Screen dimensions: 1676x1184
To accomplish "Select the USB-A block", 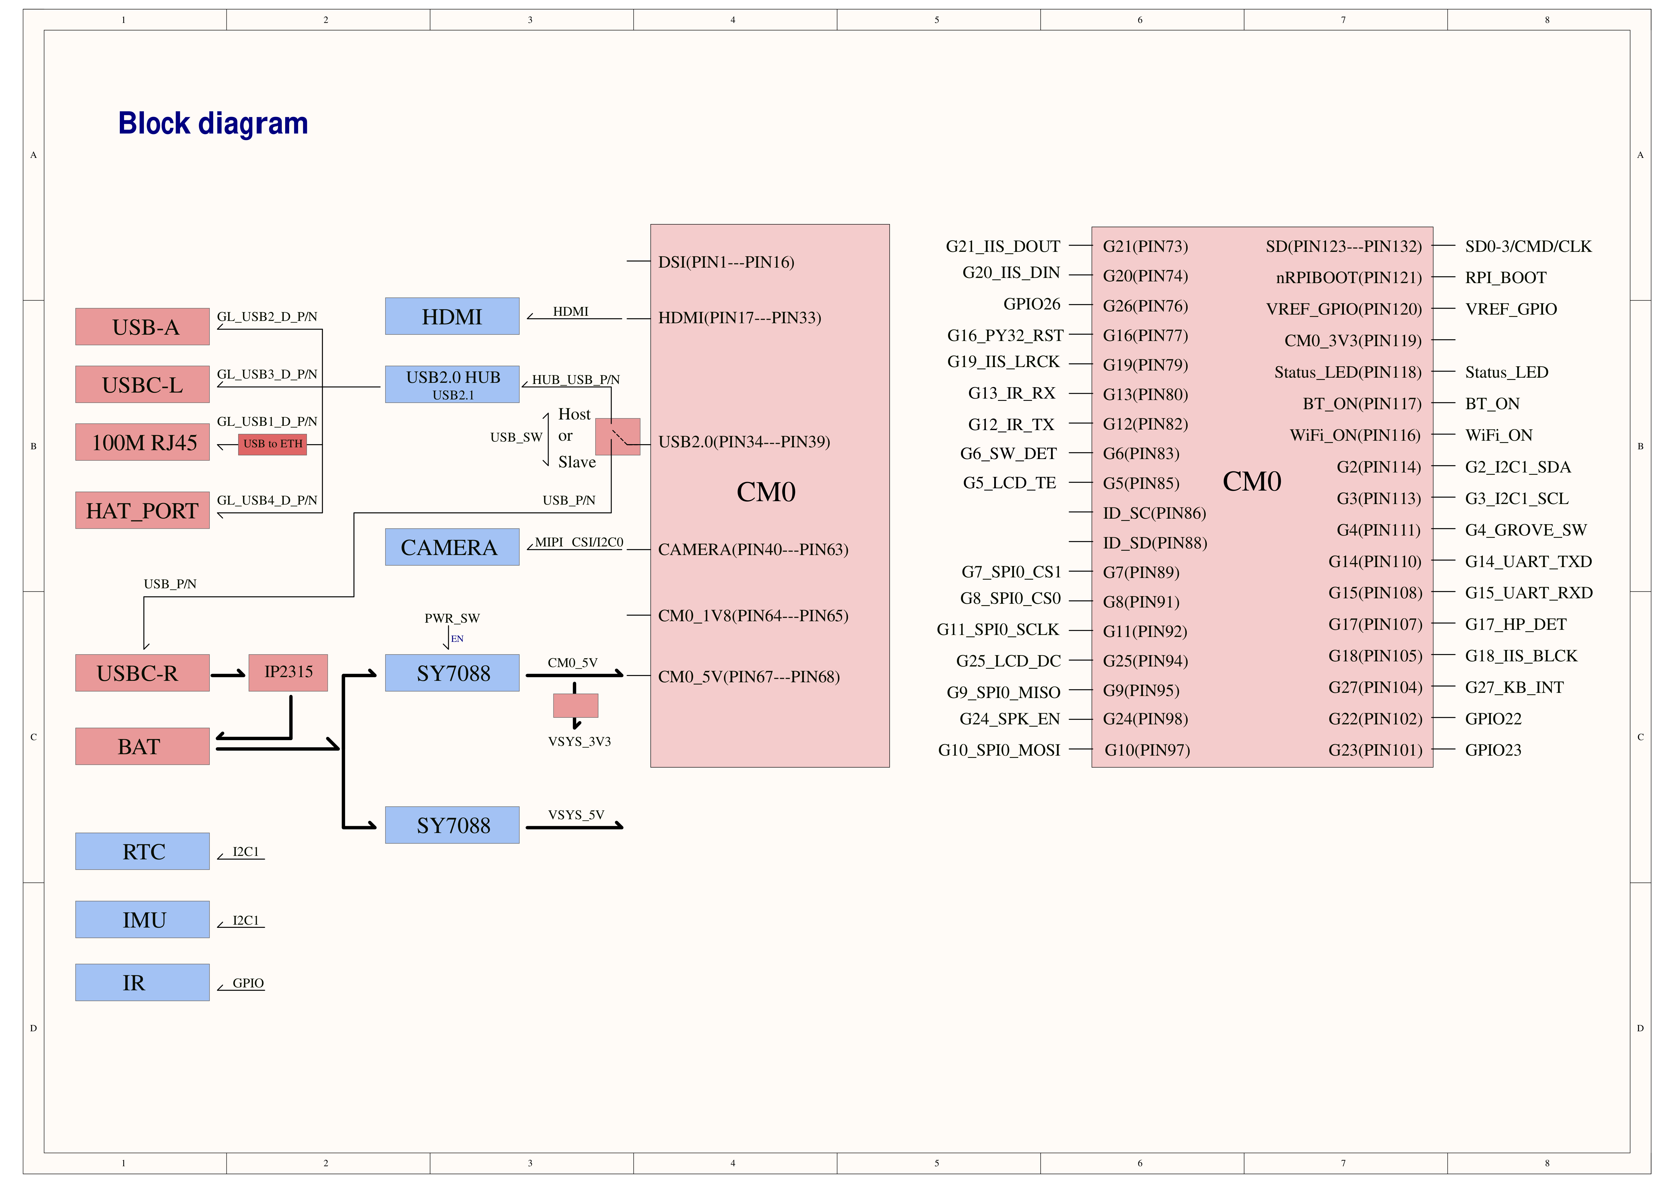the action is (142, 326).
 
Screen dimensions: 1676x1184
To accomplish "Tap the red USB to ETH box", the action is (272, 444).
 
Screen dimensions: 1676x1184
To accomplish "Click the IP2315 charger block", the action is (288, 672).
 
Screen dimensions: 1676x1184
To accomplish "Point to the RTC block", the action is (142, 851).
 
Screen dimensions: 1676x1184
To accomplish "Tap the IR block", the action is (142, 983).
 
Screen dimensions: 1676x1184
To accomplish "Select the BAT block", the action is (142, 746).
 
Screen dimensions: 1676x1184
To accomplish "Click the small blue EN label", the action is (457, 639).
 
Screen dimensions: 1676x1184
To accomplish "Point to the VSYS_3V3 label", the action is (579, 742).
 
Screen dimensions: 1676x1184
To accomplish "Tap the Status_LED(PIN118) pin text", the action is (1348, 372).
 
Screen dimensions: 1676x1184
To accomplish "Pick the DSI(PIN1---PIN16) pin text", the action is (726, 262).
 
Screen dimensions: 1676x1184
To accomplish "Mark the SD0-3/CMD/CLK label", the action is (1528, 247).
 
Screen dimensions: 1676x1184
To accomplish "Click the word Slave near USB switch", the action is (577, 462).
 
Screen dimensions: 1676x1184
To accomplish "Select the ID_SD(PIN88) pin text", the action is (1155, 543).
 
